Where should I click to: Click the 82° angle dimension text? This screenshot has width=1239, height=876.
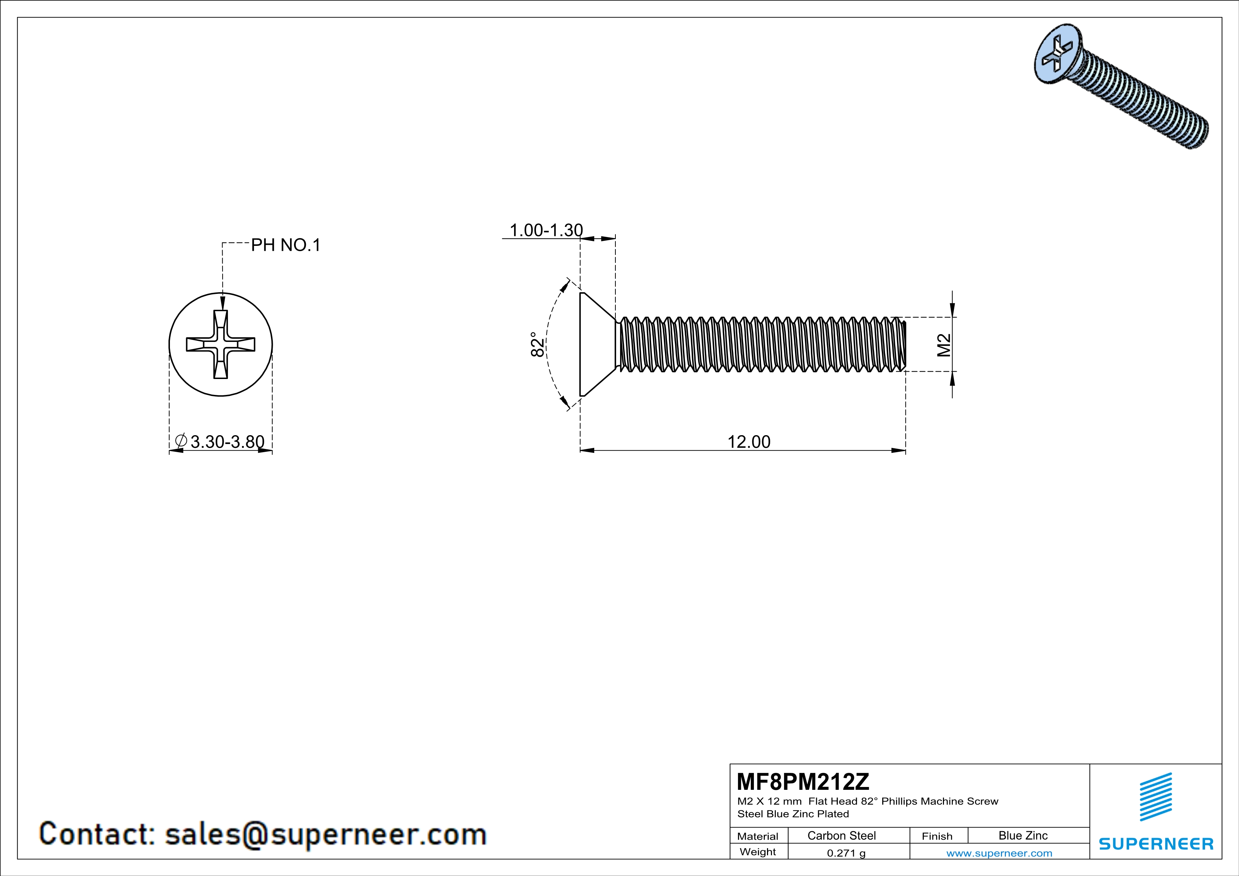537,344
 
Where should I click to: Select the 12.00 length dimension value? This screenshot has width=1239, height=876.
749,442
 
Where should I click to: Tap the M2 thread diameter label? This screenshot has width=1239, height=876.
944,345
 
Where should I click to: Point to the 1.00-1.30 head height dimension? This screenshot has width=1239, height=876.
546,230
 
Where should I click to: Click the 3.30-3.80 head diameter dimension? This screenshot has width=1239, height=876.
227,442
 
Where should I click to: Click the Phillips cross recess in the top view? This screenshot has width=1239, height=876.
221,344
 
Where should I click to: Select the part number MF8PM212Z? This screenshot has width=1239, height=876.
803,781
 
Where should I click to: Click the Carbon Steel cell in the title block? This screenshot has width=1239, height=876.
841,835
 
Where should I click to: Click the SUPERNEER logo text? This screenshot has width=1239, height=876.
1156,844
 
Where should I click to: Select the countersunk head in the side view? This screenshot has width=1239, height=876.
596,344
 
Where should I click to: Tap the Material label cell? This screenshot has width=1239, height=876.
758,836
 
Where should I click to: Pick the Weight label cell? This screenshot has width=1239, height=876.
758,852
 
